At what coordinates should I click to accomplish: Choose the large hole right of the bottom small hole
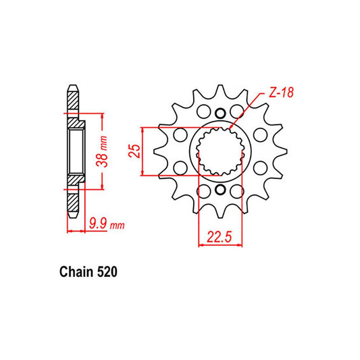click(236, 192)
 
